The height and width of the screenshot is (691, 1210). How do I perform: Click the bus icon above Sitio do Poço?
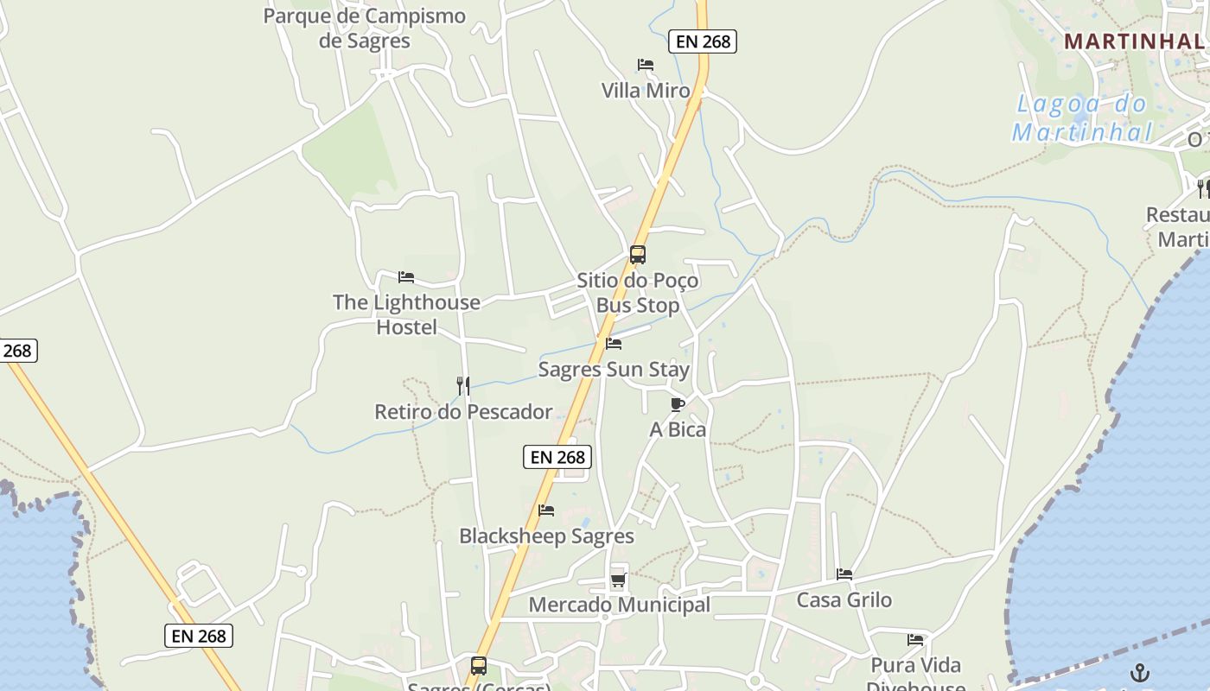(638, 255)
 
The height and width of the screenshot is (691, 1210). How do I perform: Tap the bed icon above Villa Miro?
(645, 65)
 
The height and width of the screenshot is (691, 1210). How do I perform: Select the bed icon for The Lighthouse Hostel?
(406, 277)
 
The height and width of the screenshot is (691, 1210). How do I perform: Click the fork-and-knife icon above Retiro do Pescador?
(463, 385)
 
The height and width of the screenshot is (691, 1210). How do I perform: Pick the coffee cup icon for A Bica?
(678, 404)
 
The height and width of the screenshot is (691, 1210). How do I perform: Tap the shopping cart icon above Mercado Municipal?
(618, 580)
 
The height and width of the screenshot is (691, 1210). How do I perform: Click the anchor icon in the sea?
(1141, 672)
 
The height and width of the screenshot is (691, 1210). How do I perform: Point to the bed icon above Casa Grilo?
(844, 574)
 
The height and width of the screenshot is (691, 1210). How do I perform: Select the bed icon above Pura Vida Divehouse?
(915, 640)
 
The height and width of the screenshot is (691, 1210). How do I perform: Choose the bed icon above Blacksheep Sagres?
(546, 510)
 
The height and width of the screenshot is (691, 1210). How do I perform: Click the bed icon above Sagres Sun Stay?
(614, 344)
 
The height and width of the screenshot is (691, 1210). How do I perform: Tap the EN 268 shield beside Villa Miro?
(702, 41)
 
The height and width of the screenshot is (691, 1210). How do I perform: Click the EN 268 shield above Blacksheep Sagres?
(557, 457)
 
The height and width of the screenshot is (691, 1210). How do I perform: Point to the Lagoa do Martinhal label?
(1082, 118)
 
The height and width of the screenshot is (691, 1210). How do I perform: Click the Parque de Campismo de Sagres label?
(364, 29)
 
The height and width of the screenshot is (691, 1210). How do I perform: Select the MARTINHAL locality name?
(1132, 41)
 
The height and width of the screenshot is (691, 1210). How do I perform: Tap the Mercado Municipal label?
(619, 605)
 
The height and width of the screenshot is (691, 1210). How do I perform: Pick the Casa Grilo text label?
(844, 599)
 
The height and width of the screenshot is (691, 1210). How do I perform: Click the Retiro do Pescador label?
(463, 411)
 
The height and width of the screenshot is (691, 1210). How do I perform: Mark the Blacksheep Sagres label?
(546, 536)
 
